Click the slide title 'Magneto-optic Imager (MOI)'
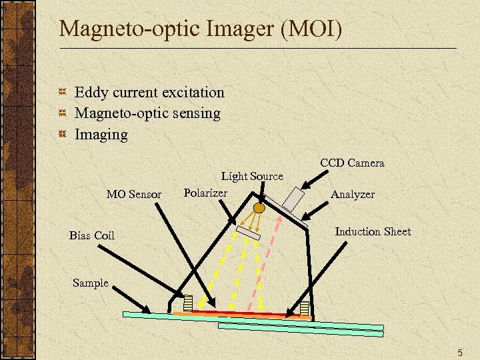pyautogui.click(x=200, y=29)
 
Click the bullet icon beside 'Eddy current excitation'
pyautogui.click(x=62, y=93)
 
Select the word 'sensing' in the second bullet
pyautogui.click(x=195, y=113)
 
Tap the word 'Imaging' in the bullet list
pyautogui.click(x=101, y=135)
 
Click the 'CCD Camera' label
pyautogui.click(x=352, y=163)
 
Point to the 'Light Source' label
pyautogui.click(x=252, y=176)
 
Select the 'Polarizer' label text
pyautogui.click(x=205, y=193)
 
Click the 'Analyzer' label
pyautogui.click(x=353, y=194)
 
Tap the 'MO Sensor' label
pyautogui.click(x=134, y=195)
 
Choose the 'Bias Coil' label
pyautogui.click(x=92, y=235)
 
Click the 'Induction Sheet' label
pyautogui.click(x=373, y=231)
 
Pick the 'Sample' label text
pyautogui.click(x=90, y=283)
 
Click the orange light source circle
pyautogui.click(x=259, y=207)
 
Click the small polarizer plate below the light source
pyautogui.click(x=248, y=233)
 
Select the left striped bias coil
pyautogui.click(x=188, y=303)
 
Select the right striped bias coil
pyautogui.click(x=305, y=308)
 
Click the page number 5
pyautogui.click(x=459, y=352)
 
